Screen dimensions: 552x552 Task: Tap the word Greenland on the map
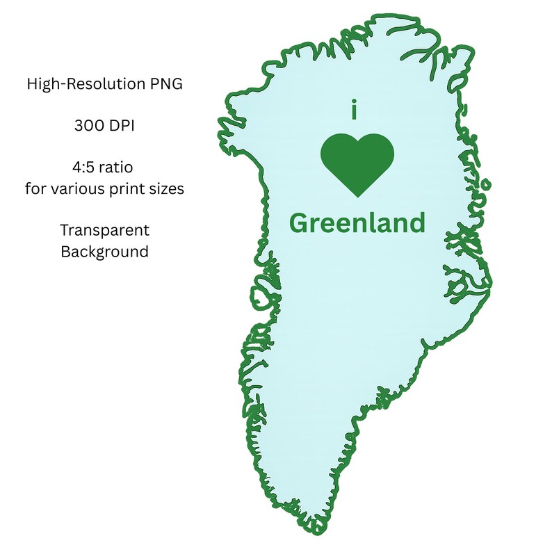pos(357,223)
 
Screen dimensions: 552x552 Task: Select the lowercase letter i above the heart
pos(355,111)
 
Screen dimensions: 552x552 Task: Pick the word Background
pos(104,251)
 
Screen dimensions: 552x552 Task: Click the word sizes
pos(166,188)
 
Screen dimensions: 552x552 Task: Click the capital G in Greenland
pos(300,223)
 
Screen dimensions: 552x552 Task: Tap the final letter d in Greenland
pos(416,222)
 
